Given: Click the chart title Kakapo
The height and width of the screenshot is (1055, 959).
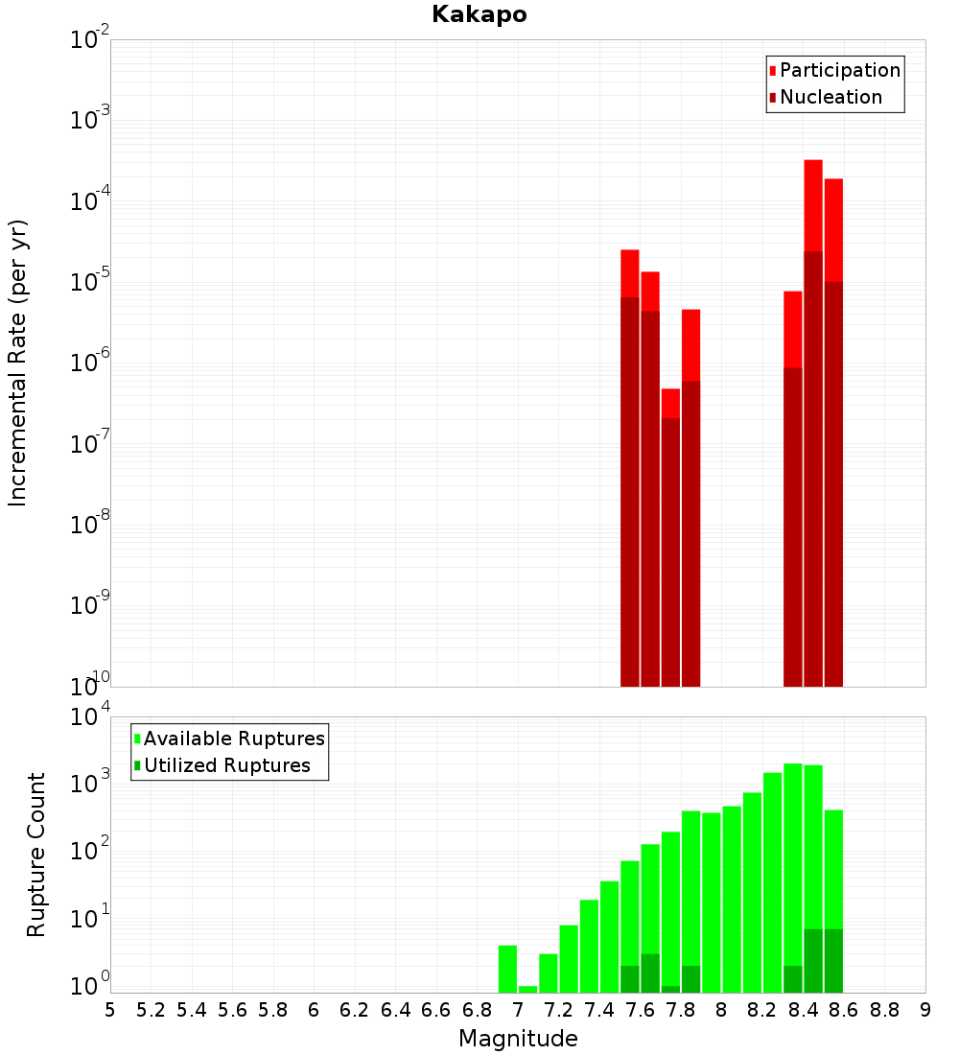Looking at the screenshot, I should point(479,14).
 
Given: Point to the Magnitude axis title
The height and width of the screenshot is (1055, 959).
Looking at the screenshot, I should point(518,1039).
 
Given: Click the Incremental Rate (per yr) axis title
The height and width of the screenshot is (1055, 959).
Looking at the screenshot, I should point(18,363).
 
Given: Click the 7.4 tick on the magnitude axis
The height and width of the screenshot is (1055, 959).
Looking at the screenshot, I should point(600,1010).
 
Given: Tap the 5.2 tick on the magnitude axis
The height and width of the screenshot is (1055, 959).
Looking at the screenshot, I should point(152,1010).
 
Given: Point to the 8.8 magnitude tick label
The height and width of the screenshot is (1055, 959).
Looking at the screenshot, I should point(885,1010).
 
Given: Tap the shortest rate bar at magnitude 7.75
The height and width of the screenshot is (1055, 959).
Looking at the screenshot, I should point(670,403).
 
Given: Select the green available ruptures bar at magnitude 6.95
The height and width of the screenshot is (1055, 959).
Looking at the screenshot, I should point(508,969).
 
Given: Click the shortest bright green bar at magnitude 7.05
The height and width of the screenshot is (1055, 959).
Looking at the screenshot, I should point(528,989).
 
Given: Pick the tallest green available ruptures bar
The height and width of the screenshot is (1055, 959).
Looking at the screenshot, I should point(793,863).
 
